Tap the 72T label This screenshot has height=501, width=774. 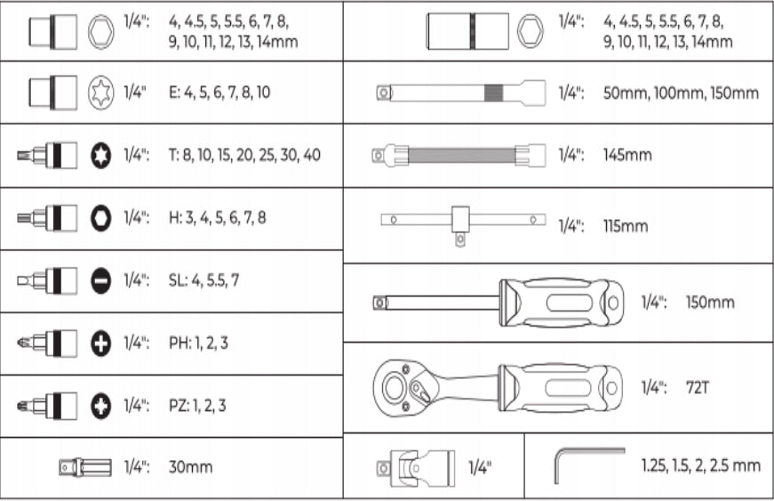(698, 388)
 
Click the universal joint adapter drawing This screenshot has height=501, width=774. (415, 467)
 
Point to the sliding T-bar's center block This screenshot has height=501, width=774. (460, 220)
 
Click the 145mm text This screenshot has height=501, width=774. (627, 155)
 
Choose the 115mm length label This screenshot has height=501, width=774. (625, 226)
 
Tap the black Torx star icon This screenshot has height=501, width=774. (100, 155)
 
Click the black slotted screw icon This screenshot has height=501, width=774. (100, 280)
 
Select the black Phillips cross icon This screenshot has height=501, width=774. (100, 343)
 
